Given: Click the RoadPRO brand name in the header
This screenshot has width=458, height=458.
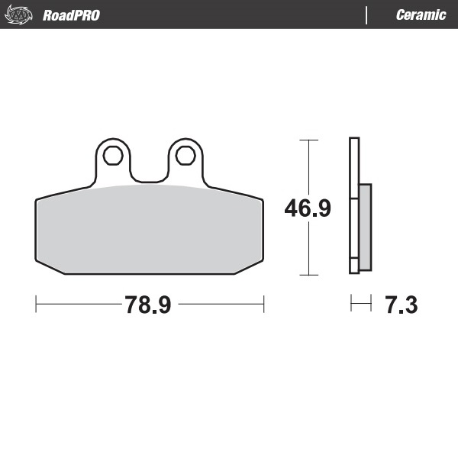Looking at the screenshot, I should [71, 15].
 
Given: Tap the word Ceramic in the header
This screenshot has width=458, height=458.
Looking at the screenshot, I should [421, 15].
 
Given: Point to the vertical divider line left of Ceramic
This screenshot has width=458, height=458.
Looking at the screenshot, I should [367, 15].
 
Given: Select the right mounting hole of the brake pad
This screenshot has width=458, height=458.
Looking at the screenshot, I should [185, 156].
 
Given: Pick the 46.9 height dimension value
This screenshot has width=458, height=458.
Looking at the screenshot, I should [308, 208].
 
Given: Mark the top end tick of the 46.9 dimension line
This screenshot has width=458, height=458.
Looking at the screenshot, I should [308, 140].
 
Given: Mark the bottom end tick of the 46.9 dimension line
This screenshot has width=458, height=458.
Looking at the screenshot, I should [308, 273].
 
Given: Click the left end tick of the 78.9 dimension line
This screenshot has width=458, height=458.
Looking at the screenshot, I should [36, 305].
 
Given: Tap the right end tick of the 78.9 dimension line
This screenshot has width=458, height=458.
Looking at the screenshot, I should [263, 305].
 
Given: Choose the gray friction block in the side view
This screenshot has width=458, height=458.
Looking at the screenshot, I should [365, 227].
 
